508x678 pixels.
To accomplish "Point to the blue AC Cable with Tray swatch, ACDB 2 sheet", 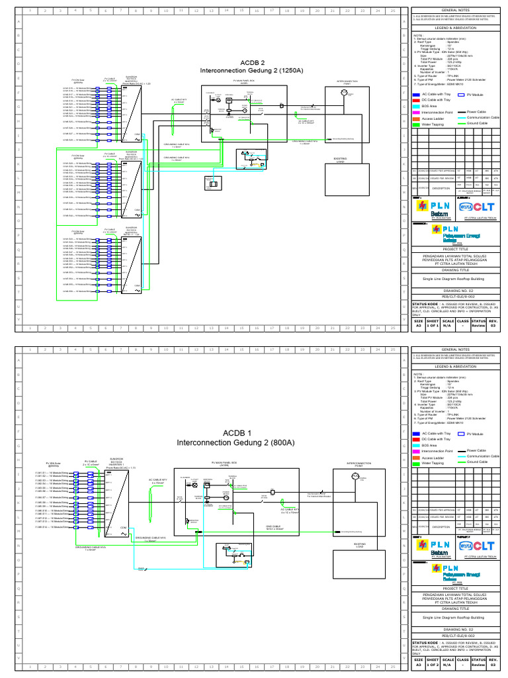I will point(417,95).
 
